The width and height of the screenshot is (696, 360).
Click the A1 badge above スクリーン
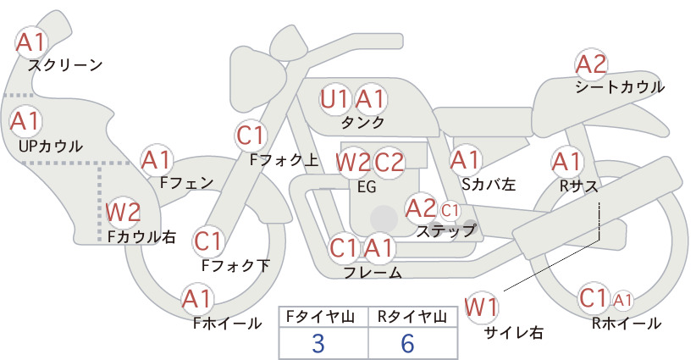tap(30, 42)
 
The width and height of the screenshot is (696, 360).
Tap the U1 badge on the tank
tap(335, 99)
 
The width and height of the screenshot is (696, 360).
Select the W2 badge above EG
tap(352, 163)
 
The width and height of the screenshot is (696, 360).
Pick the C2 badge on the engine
tap(389, 163)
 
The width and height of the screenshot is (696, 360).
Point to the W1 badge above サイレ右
tap(481, 307)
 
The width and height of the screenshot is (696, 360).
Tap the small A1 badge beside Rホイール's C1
tap(623, 301)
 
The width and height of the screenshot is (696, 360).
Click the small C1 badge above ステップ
tap(450, 210)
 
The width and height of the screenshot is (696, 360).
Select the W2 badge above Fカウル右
tap(123, 212)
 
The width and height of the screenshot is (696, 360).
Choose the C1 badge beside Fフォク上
tap(251, 136)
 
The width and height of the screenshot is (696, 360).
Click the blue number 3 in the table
tap(318, 343)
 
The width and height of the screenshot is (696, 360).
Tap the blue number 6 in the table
tap(407, 343)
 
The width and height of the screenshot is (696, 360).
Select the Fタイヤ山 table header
tap(320, 317)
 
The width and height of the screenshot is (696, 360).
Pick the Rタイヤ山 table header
tap(412, 317)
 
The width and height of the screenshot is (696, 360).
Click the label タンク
tap(362, 122)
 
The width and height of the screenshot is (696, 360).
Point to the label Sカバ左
tap(489, 184)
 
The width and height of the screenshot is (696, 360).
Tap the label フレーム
tap(373, 272)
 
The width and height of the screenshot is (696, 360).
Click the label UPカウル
tap(51, 146)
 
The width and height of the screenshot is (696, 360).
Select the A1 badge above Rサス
tap(566, 163)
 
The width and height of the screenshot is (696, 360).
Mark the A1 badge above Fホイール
tap(197, 300)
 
